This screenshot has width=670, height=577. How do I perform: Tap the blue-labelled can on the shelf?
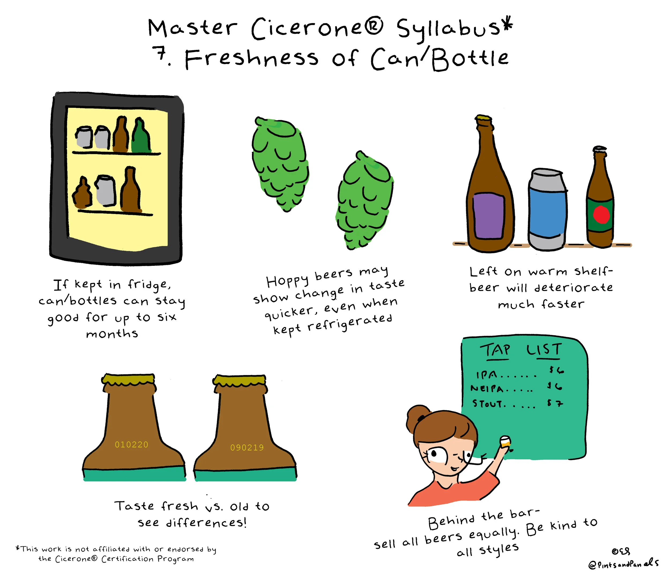pos(548,209)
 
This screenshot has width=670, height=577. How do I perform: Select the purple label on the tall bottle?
pos(489,216)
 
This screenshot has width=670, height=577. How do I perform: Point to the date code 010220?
pos(132,445)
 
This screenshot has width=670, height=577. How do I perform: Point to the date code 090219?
pos(247,447)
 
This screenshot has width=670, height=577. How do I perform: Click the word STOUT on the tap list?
pos(487,403)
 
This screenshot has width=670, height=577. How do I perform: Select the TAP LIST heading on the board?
pos(521,351)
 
